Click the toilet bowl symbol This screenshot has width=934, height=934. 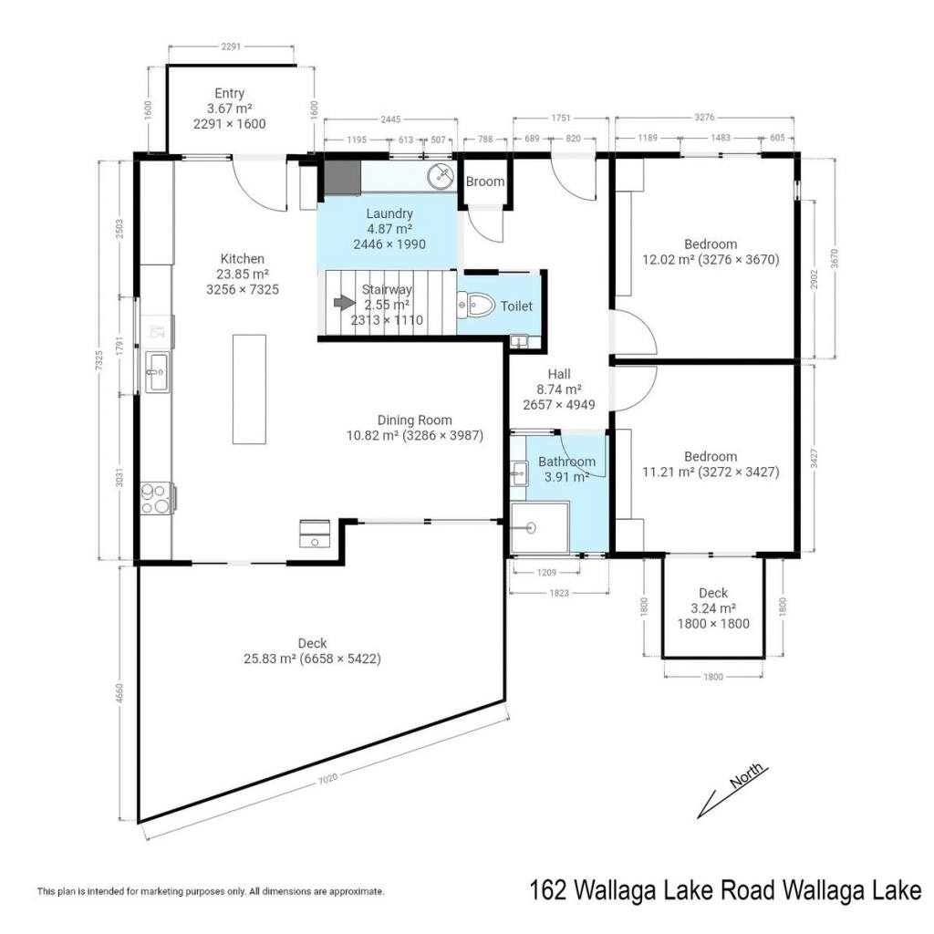coord(476,306)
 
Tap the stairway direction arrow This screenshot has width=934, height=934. coord(344,303)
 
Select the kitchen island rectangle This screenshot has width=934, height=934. coord(249,389)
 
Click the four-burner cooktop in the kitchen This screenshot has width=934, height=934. coord(155,499)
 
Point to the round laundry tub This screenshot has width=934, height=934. coord(441,176)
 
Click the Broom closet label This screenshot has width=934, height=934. coord(485,182)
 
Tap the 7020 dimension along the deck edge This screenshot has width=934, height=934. coord(327,778)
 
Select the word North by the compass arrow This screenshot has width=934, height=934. coord(746,775)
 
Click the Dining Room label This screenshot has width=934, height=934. coord(415,420)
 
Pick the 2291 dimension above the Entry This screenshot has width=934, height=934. coord(231,47)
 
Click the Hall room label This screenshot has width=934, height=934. coord(559,374)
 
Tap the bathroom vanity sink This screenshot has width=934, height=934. coord(519,474)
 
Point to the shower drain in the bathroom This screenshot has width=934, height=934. coord(530,527)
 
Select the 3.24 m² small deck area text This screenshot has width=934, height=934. coord(713,608)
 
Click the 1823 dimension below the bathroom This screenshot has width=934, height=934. coord(559,593)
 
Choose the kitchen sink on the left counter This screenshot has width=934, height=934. coord(157,372)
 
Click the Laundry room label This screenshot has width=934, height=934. coord(389,213)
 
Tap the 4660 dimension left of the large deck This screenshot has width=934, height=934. coord(119,693)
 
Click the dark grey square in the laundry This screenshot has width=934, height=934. coord(343,178)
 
